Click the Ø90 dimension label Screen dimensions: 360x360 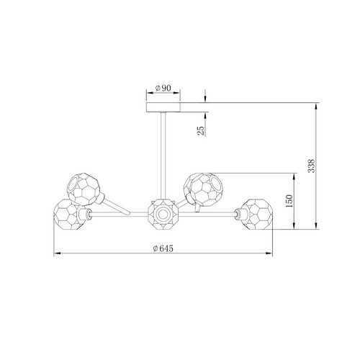[x=163, y=88]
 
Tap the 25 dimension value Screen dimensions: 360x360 [x=201, y=131]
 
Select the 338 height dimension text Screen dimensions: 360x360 [x=311, y=166]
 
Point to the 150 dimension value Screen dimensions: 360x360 [x=289, y=201]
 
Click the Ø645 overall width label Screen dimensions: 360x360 [x=163, y=248]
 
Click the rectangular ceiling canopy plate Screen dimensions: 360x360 [x=163, y=107]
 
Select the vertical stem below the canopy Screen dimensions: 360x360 [x=163, y=156]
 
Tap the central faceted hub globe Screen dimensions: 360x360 [x=163, y=214]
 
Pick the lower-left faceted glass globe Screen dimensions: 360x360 [x=69, y=215]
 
